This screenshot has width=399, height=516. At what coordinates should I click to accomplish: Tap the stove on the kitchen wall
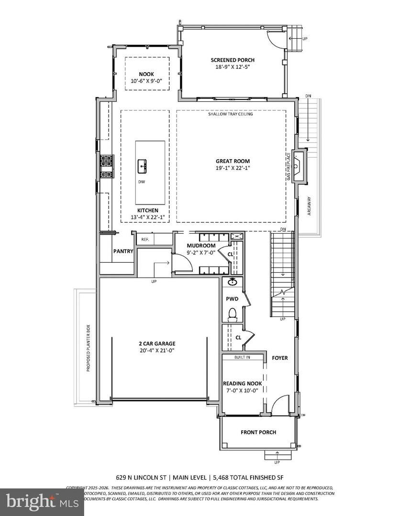click(x=106, y=163)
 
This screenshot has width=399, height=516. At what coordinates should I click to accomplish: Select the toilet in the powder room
click(x=233, y=314)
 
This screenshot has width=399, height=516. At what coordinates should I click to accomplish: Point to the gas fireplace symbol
click(x=299, y=167)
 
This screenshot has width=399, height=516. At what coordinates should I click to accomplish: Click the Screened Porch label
click(x=233, y=60)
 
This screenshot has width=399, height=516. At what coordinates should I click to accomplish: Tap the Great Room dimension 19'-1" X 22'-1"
click(x=233, y=168)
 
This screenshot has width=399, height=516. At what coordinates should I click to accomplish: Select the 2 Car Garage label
click(x=154, y=343)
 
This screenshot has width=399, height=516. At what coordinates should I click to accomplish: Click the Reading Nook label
click(x=242, y=383)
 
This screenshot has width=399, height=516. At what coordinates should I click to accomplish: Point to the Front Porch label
click(x=258, y=432)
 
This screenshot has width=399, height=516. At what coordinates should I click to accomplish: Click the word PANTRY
click(x=123, y=251)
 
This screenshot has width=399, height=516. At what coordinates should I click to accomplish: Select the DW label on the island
click(x=142, y=182)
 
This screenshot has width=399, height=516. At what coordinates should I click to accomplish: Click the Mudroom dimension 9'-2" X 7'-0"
click(x=201, y=252)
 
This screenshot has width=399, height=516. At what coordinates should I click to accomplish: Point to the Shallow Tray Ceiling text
click(x=230, y=114)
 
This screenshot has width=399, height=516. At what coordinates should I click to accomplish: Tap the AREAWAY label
click(x=310, y=206)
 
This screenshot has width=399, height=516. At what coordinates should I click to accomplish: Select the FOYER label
click(x=280, y=357)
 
